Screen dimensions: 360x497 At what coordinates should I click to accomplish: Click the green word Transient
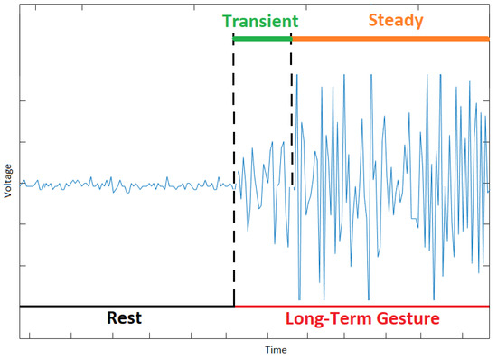[x=262, y=19]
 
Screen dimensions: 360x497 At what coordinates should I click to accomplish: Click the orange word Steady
[x=395, y=19]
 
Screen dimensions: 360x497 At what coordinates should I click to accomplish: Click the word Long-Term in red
[x=321, y=319]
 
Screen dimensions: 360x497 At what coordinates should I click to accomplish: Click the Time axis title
[x=277, y=348]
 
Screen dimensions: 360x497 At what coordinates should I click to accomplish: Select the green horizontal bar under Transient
[x=262, y=38]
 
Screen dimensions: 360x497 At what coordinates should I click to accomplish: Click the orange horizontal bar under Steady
[x=389, y=38]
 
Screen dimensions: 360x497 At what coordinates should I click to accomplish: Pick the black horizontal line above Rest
[x=127, y=307]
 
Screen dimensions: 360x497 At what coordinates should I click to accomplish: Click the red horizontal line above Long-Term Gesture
[x=361, y=307]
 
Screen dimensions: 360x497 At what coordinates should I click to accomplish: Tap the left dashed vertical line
[x=234, y=136]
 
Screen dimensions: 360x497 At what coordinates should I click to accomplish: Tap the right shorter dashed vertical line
[x=291, y=109]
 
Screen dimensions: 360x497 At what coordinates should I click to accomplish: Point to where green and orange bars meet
[x=291, y=38]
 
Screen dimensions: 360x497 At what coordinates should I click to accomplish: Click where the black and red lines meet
[x=234, y=307]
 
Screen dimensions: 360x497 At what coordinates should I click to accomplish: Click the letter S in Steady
[x=372, y=19]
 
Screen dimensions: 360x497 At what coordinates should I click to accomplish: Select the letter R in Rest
[x=112, y=319]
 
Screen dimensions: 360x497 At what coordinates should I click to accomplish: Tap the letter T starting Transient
[x=228, y=19]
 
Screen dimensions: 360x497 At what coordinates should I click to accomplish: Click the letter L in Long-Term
[x=289, y=319]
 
